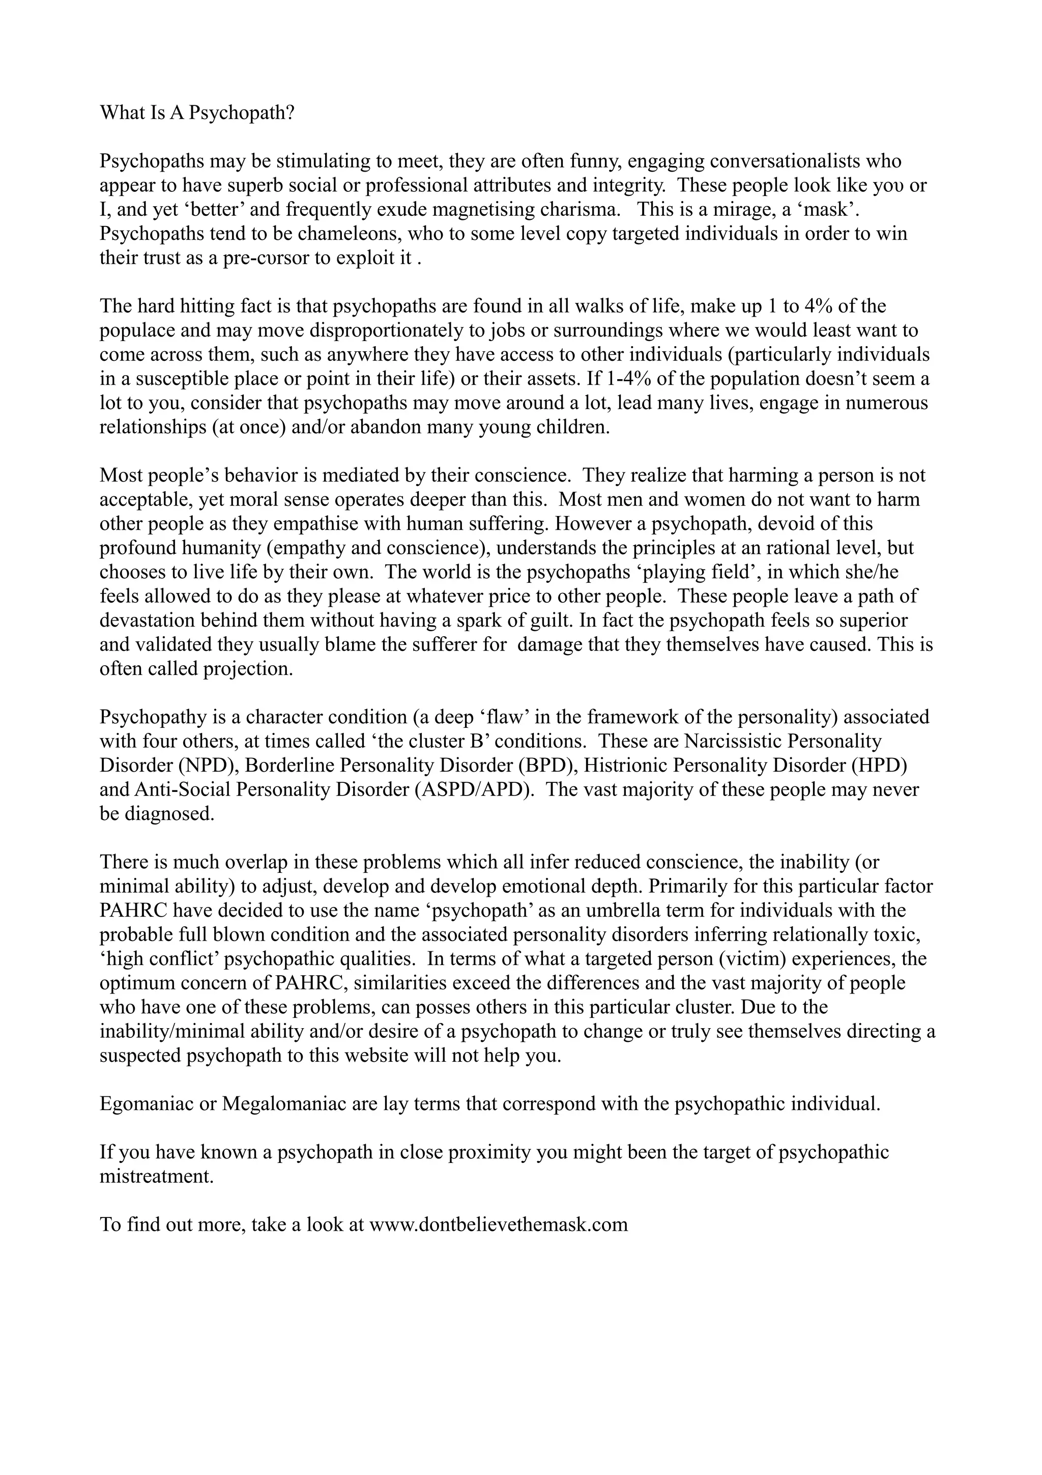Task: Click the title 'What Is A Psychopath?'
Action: pyautogui.click(x=197, y=113)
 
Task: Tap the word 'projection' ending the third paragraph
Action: pyautogui.click(x=247, y=669)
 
